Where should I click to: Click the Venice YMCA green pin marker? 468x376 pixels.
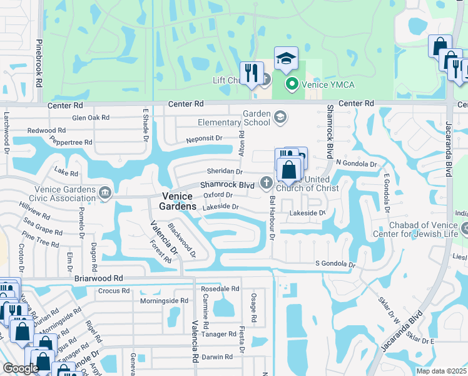[x=291, y=83]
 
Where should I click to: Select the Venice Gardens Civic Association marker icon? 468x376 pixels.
[x=104, y=194]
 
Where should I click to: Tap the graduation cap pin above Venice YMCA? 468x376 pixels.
[x=286, y=59]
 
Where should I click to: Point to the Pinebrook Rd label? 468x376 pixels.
[x=39, y=64]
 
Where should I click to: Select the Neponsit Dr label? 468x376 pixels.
[x=203, y=138]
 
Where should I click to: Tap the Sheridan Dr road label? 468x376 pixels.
[x=224, y=171]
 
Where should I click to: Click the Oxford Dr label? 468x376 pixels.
[x=218, y=195]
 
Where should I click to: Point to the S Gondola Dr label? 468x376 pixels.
[x=335, y=264]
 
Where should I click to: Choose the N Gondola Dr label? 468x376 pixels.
[x=357, y=164]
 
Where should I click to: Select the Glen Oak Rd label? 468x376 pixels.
[x=91, y=117]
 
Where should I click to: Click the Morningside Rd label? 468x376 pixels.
[x=163, y=301]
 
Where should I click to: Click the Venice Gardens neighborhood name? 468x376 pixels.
[x=176, y=201]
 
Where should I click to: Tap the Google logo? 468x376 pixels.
[x=21, y=368]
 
